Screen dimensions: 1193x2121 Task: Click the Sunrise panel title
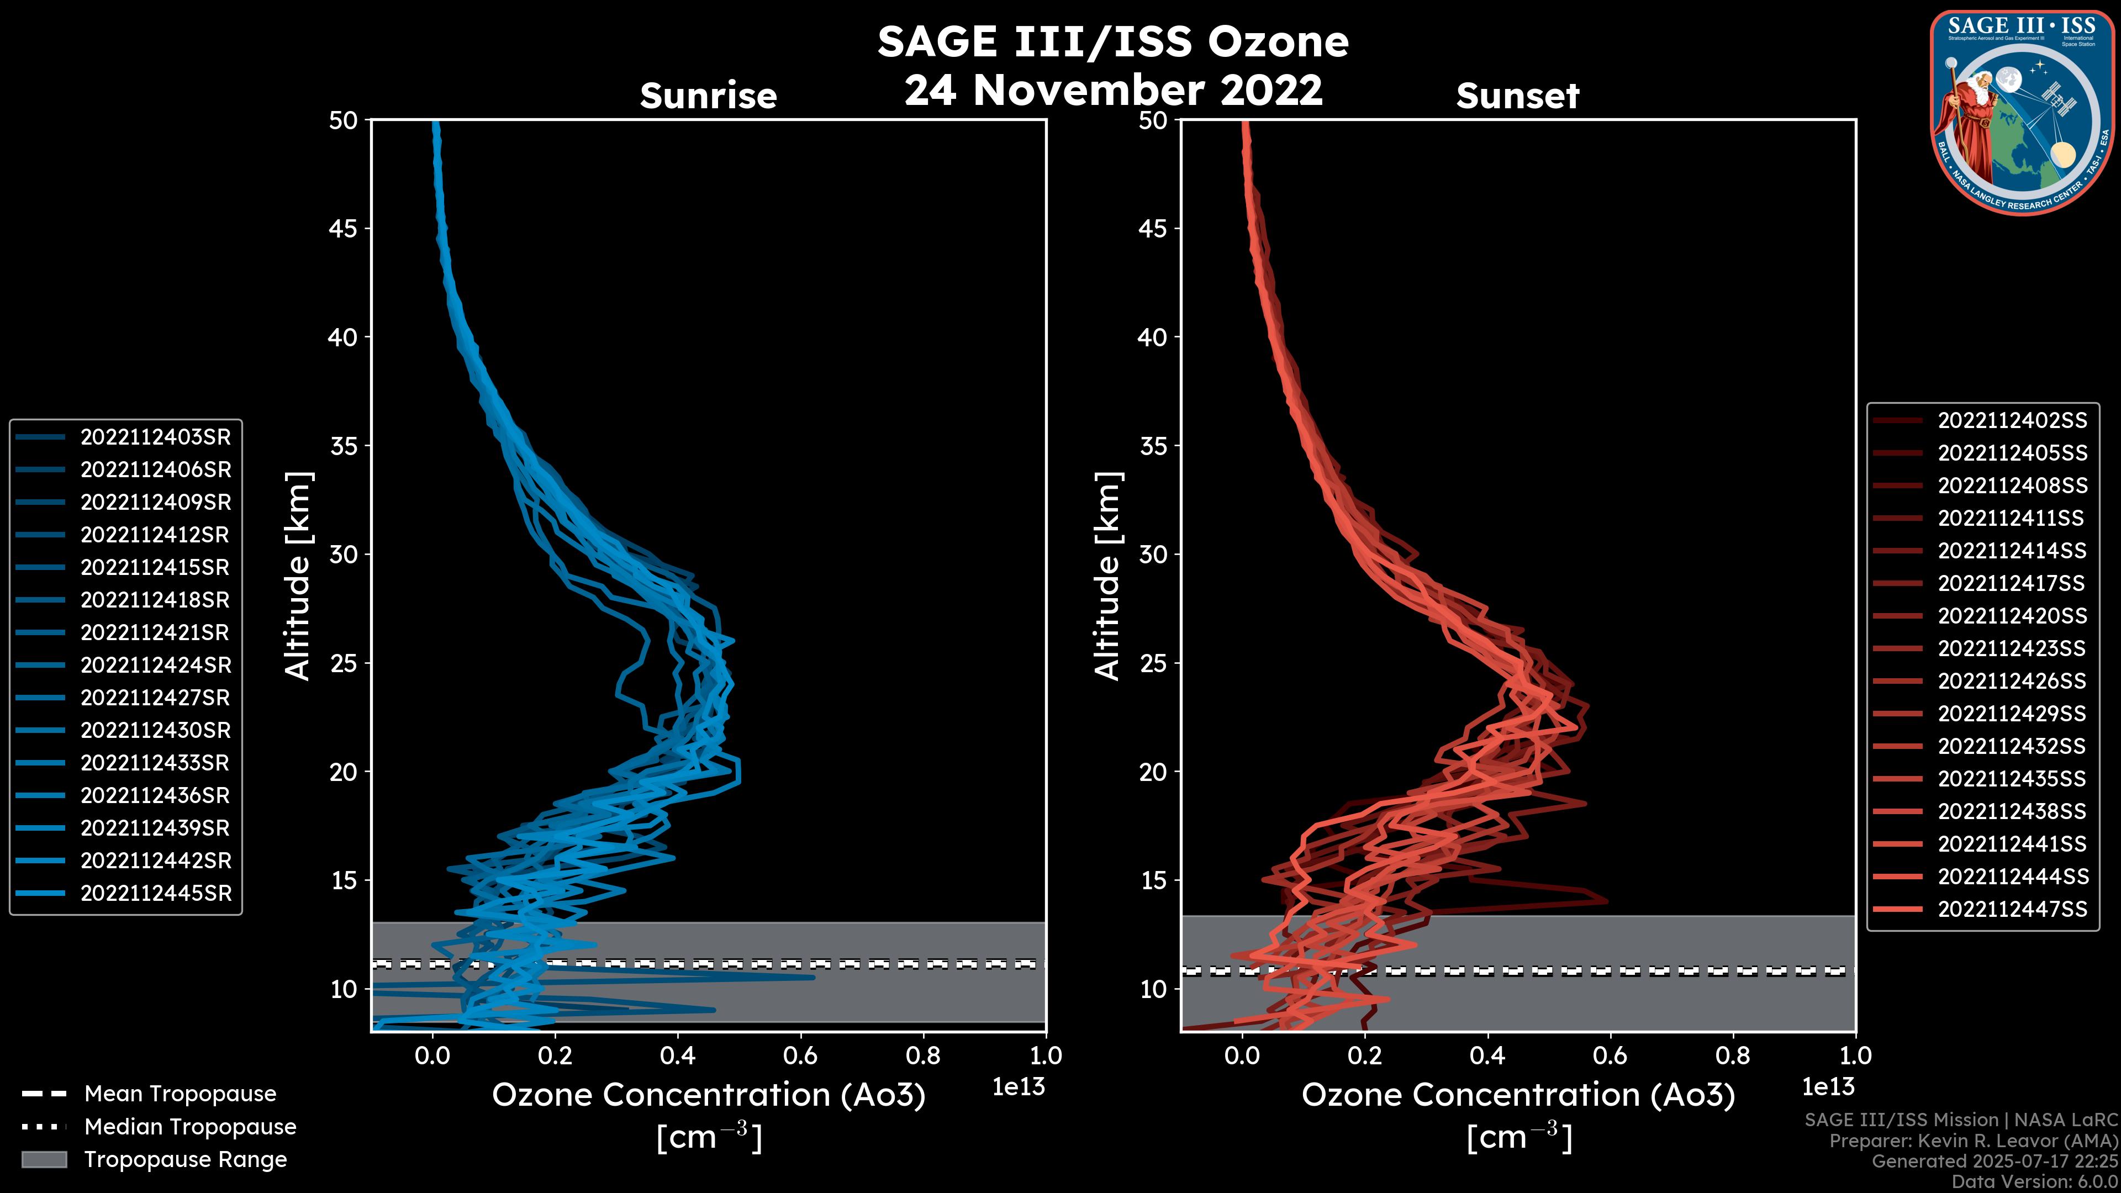pos(708,96)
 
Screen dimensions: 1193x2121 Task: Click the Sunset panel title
pos(1517,96)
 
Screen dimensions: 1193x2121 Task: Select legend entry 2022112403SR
pos(155,437)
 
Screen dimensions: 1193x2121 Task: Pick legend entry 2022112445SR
pos(155,893)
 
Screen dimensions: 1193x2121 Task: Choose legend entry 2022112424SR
pos(155,665)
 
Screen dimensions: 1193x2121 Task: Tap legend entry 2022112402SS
pos(2012,421)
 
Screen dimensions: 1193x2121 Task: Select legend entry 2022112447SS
pos(2012,909)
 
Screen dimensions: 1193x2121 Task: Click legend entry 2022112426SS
pos(2012,681)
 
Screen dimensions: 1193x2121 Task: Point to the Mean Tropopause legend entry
pos(180,1094)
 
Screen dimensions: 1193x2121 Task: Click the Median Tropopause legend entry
pos(189,1127)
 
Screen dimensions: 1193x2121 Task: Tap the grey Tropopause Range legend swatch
pos(44,1159)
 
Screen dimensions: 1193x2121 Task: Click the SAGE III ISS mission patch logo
pos(2022,112)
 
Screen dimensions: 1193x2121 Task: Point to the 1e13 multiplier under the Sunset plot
pos(1828,1087)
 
